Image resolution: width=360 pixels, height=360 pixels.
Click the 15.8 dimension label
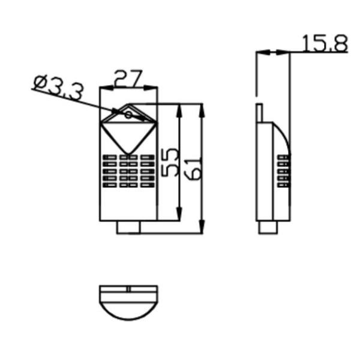click(325, 43)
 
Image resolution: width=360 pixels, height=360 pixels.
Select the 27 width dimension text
click(128, 79)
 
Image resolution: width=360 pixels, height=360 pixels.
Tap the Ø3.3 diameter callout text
click(58, 88)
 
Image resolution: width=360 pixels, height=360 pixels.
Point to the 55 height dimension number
click(169, 163)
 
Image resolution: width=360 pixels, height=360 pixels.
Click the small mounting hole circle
click(128, 115)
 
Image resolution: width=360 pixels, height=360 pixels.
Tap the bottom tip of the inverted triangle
click(128, 154)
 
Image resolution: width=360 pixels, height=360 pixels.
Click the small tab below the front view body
click(128, 227)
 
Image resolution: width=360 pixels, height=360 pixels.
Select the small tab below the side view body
click(268, 227)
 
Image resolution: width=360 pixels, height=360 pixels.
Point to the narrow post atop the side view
click(259, 113)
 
